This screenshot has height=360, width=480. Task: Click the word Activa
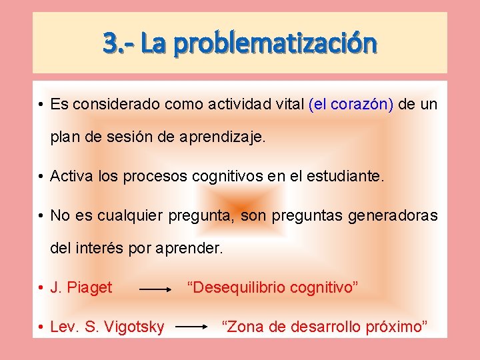[71, 177]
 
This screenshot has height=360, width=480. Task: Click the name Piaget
[90, 288]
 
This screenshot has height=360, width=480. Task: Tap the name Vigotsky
[133, 327]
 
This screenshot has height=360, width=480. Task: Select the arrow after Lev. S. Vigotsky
[193, 328]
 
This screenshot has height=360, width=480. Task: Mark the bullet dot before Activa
[41, 177]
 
